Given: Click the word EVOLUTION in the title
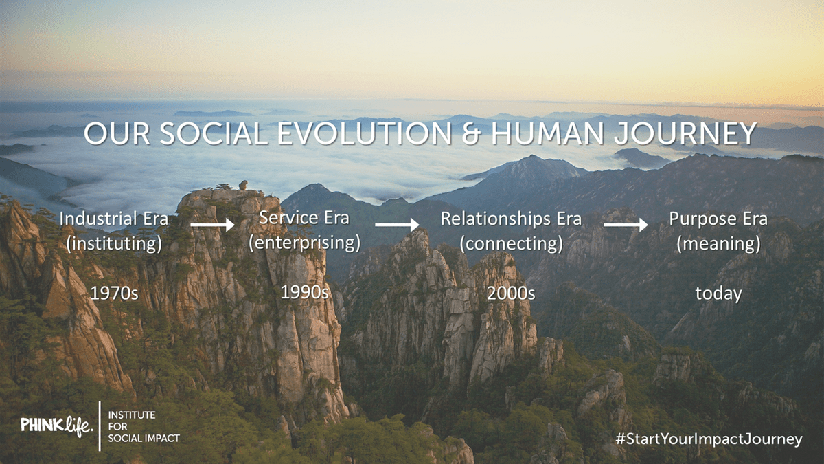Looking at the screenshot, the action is tap(364, 133).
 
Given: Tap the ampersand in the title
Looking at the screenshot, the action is tap(471, 133).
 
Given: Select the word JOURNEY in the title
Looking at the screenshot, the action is tap(685, 133).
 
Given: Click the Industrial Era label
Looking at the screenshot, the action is tap(114, 219).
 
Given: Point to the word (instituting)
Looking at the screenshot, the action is tap(114, 243).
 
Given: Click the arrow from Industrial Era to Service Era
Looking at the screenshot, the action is tap(213, 224).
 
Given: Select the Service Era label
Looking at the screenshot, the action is tap(304, 218).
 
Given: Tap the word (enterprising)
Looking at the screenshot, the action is tap(305, 243).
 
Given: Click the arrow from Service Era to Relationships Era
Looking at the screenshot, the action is tap(398, 224).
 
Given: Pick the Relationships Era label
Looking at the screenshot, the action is tap(512, 219).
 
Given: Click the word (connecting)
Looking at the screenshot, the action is tap(512, 244).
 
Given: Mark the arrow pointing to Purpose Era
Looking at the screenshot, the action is tap(626, 224).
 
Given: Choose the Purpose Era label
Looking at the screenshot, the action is tap(718, 219).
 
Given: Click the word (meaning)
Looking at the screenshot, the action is tap(718, 244).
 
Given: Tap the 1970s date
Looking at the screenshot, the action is tap(114, 294).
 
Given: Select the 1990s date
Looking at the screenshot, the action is tap(305, 292).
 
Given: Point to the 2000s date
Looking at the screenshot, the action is tap(512, 294).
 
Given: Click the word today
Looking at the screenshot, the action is tap(718, 294).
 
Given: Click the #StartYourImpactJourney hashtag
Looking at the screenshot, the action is tap(709, 439).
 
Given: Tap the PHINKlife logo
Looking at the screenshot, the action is tap(57, 426).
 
